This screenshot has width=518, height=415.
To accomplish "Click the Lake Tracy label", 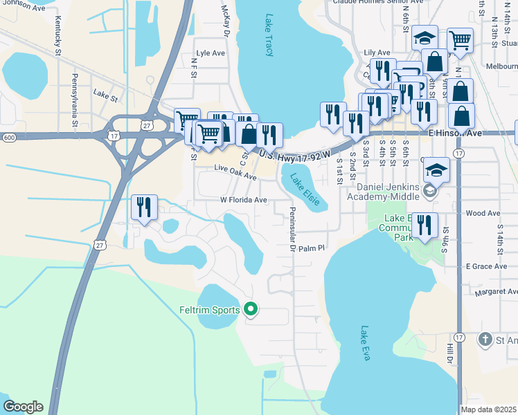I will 270,35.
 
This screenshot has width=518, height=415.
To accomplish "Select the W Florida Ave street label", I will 244,200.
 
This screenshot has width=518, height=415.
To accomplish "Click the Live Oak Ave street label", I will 231,168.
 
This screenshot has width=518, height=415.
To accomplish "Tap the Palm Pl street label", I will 312,248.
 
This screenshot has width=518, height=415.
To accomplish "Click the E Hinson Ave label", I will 454,132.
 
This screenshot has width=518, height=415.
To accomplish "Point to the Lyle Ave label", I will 211,53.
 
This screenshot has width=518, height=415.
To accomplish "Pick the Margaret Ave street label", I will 496,292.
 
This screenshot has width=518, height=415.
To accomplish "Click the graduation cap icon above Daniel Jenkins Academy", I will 436,169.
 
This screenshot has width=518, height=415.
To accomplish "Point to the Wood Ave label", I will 483,214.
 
